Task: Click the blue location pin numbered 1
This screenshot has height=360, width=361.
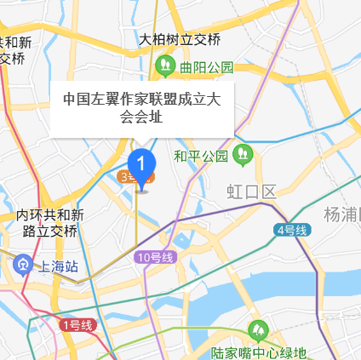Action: [x=141, y=162]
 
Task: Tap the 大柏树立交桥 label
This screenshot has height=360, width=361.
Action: [x=180, y=39]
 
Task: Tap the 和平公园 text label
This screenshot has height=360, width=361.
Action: [x=202, y=156]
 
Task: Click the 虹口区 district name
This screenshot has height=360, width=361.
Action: [x=251, y=190]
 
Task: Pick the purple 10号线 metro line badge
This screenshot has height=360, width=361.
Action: [x=154, y=257]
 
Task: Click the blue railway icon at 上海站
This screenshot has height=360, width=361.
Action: [x=22, y=265]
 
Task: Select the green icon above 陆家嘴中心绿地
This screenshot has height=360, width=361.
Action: [x=256, y=330]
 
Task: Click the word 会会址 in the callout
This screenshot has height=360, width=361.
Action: [x=141, y=117]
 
